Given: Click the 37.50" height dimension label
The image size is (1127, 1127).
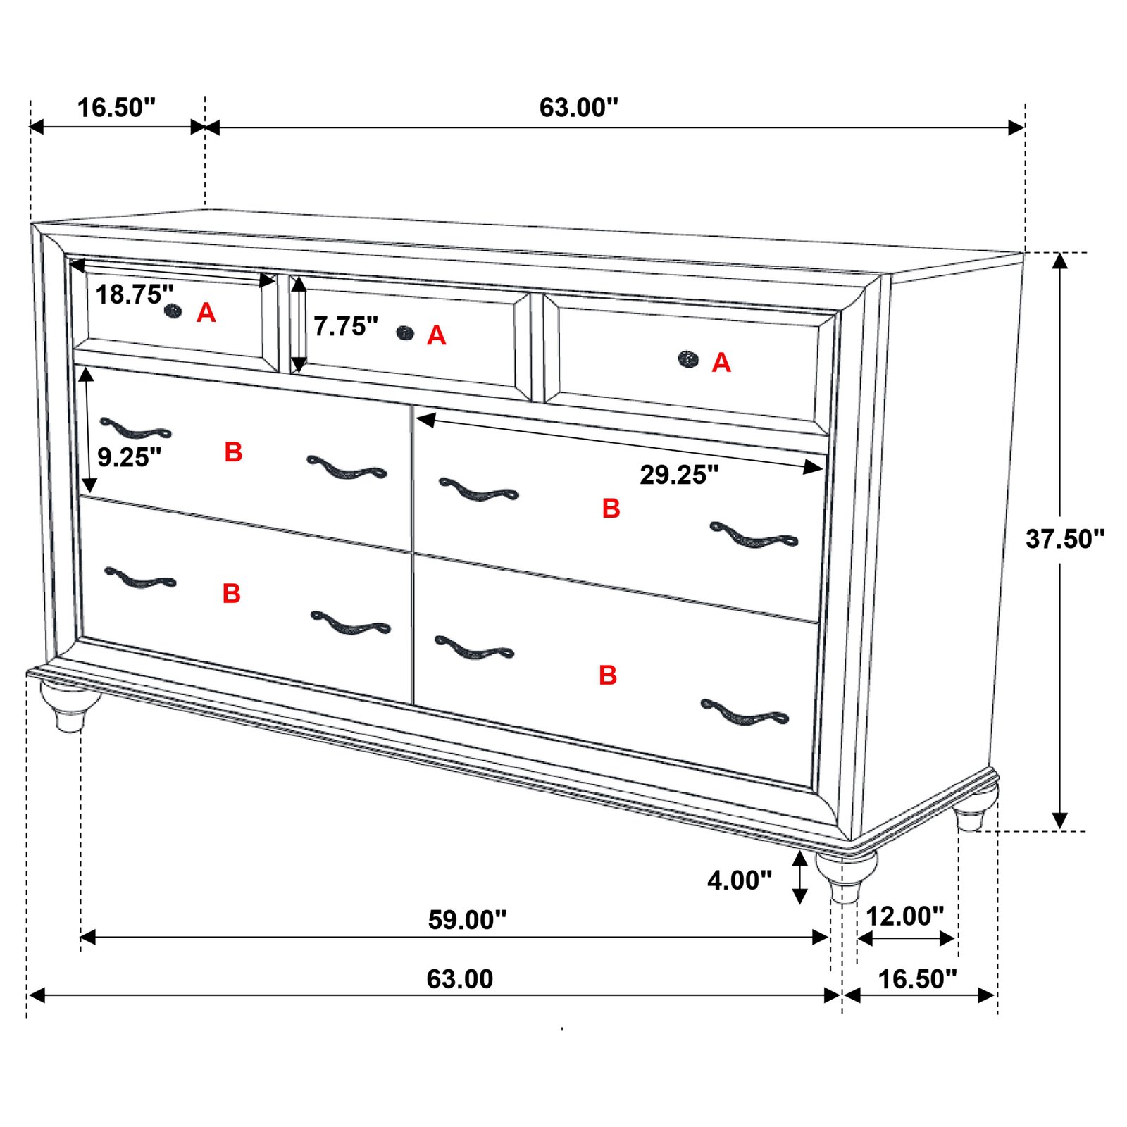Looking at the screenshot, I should [1064, 539].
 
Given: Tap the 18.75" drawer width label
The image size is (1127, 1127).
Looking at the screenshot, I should [134, 294].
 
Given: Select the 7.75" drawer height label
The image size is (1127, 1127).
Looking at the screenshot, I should [345, 326].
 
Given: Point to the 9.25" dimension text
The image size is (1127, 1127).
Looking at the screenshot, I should [129, 457].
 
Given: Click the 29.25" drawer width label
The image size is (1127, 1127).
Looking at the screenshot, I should [679, 475].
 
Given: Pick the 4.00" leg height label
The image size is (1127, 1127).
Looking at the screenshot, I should [740, 880].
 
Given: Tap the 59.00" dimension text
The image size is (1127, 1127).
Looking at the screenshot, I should [467, 920].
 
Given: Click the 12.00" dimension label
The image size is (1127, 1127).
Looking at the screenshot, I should [904, 916].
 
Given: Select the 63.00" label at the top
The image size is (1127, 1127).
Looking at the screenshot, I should [578, 108].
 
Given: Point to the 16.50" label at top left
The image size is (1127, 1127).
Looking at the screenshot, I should [116, 108].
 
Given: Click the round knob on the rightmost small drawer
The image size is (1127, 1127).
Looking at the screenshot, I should [688, 359].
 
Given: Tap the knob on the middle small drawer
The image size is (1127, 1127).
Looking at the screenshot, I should [405, 332].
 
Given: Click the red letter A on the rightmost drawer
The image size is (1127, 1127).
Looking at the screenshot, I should [721, 363].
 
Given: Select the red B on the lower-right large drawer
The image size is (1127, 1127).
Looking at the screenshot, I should [608, 675].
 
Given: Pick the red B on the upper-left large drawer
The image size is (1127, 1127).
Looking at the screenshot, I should [233, 452].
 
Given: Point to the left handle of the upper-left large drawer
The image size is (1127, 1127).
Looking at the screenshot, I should [135, 428].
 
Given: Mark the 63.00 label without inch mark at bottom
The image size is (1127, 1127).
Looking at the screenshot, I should [459, 979].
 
